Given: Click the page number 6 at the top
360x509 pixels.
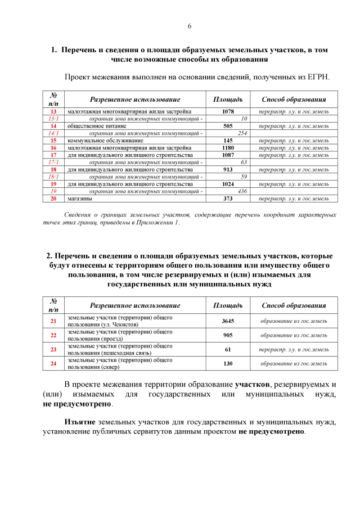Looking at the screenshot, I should [189, 26].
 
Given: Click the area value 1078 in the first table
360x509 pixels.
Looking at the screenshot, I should [228, 111].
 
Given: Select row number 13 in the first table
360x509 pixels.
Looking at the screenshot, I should [53, 111].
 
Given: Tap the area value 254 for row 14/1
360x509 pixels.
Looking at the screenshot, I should [243, 133].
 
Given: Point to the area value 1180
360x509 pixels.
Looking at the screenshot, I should [228, 147].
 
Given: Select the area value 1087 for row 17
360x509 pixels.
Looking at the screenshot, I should [228, 155].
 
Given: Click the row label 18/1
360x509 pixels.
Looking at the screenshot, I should [53, 177].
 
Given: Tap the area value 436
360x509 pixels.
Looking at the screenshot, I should [243, 191].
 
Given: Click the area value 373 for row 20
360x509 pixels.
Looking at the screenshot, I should [228, 199].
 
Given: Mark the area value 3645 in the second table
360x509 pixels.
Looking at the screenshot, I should [228, 321].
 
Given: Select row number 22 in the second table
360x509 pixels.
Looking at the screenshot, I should [53, 335].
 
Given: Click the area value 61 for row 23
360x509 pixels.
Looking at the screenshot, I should [228, 349].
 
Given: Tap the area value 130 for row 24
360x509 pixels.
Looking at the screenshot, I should [228, 364].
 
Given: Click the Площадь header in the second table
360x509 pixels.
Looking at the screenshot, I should [228, 305].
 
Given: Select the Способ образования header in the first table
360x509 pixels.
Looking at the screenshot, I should [294, 99].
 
